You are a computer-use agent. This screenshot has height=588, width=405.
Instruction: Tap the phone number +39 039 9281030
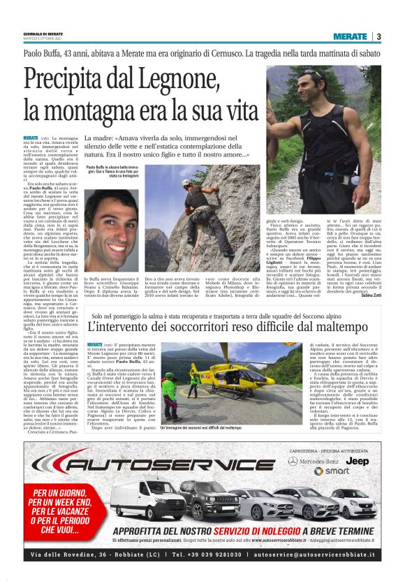207,554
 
